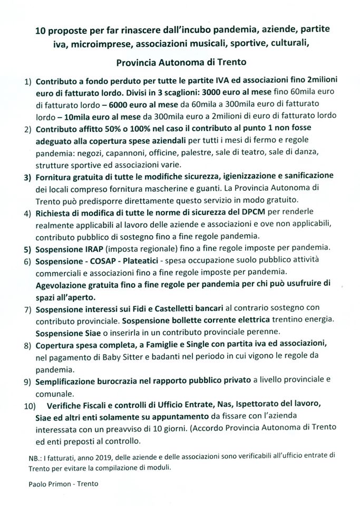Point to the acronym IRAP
(x=90, y=247)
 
